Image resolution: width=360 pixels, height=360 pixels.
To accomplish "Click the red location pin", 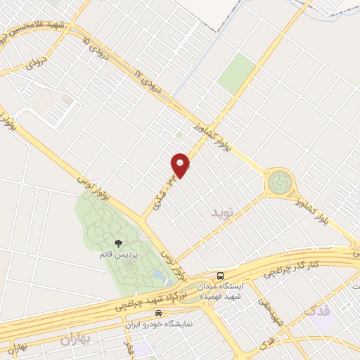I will (x=181, y=165).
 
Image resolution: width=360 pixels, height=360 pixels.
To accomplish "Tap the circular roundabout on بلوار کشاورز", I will (x=279, y=184).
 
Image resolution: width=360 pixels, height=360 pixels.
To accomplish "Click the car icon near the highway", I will (x=159, y=313).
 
